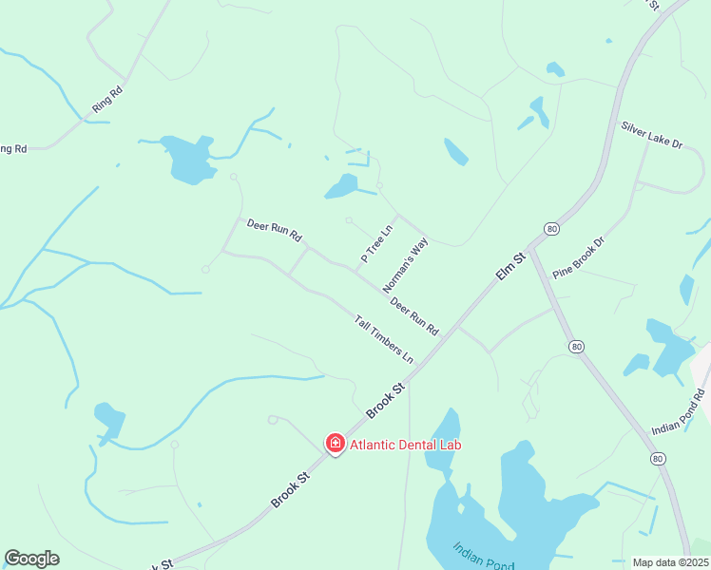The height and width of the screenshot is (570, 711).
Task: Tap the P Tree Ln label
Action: click(376, 244)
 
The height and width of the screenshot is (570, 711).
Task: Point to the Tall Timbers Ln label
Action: click(384, 338)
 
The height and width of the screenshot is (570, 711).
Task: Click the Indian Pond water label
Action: click(484, 556)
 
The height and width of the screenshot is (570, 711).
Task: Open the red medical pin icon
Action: click(335, 443)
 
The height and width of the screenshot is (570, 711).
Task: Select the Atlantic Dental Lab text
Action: click(406, 444)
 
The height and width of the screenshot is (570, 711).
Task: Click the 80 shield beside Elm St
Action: click(551, 229)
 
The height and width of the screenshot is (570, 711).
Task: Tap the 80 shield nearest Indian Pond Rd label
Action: click(658, 458)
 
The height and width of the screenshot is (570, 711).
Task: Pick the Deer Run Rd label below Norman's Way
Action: click(414, 317)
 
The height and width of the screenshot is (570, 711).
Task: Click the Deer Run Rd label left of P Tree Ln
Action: click(274, 229)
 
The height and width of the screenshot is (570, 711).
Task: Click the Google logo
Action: click(31, 559)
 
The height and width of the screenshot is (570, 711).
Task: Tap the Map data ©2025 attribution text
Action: click(671, 562)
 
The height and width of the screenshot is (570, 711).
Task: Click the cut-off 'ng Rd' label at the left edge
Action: click(12, 148)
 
